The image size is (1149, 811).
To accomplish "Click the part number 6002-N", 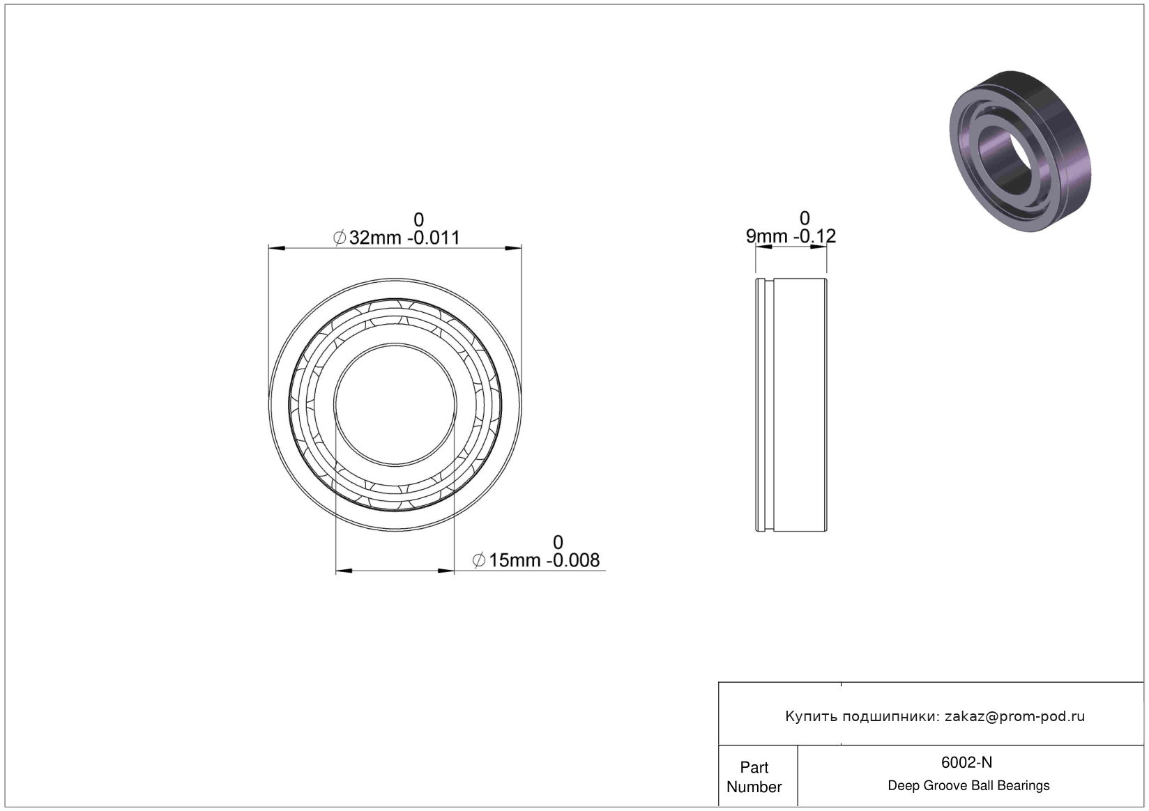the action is (x=966, y=762).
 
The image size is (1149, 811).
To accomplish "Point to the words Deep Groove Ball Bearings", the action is (x=968, y=785).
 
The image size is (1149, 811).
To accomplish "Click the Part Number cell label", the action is (x=754, y=777).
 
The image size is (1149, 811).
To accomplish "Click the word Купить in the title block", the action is (x=812, y=717).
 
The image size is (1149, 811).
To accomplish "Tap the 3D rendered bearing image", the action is (x=1020, y=151).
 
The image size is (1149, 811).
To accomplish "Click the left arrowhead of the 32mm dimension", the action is (x=277, y=248).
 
